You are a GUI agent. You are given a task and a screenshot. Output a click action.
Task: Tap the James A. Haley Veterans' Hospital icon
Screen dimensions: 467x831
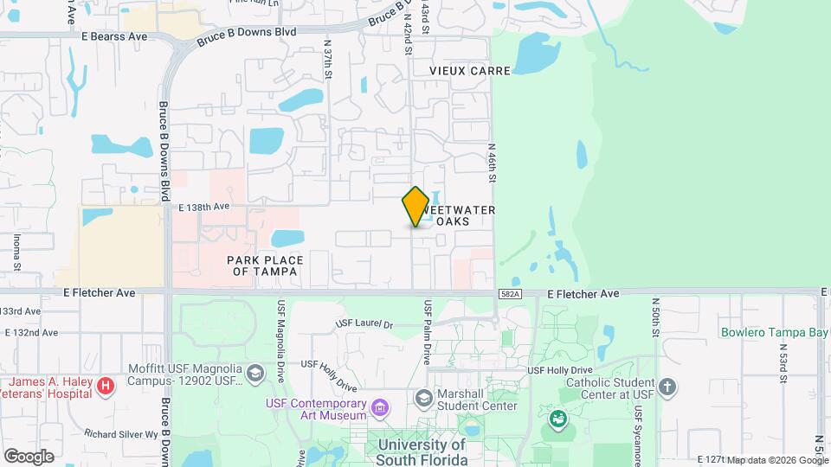click(105, 385)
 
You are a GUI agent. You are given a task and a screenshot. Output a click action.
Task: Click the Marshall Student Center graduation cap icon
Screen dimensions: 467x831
click(424, 398)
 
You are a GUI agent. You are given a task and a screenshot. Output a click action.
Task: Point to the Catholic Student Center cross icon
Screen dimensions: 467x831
click(667, 387)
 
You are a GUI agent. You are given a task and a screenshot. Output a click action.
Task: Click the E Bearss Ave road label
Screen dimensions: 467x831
click(113, 36)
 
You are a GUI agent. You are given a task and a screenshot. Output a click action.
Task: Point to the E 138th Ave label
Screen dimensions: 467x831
click(204, 207)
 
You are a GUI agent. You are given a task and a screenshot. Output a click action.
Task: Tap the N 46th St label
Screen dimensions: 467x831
click(491, 163)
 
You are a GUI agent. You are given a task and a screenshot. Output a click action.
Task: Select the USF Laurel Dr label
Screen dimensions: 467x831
click(364, 325)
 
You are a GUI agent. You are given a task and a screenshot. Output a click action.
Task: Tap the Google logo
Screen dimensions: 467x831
click(29, 456)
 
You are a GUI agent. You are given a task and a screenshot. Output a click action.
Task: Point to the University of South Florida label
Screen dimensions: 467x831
click(422, 452)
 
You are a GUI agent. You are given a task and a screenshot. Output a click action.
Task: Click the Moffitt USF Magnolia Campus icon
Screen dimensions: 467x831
click(255, 373)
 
